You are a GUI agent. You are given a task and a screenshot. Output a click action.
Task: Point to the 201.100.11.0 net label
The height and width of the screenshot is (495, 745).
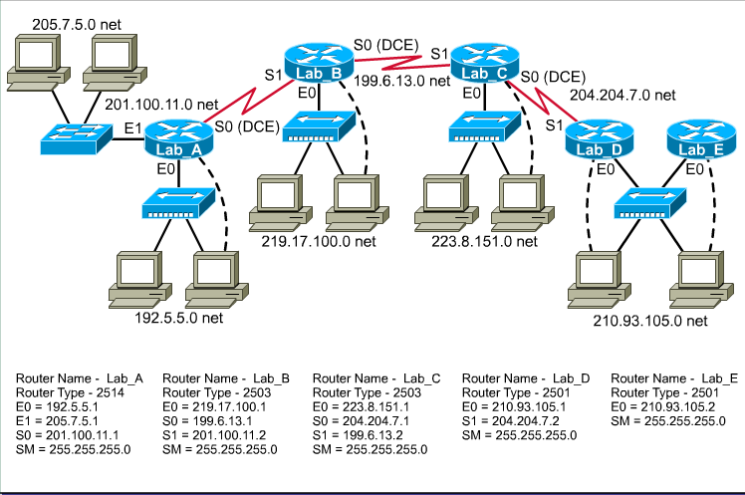[161, 104]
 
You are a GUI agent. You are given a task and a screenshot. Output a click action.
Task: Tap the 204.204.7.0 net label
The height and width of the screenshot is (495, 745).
[622, 96]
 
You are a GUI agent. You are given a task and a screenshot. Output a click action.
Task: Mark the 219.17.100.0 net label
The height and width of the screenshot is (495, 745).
[319, 241]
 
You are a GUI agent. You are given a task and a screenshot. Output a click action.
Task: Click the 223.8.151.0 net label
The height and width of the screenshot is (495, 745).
[485, 241]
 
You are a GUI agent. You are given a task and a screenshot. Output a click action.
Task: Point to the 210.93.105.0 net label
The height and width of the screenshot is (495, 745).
[649, 321]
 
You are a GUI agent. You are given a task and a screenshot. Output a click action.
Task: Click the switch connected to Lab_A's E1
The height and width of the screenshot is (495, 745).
[76, 138]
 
